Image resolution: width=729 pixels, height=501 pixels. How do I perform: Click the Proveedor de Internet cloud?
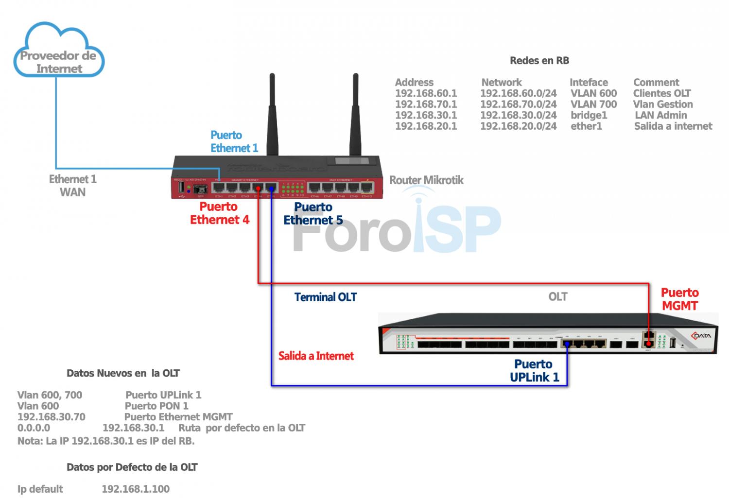pos(58,53)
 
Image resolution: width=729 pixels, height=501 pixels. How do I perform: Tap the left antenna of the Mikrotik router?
pos(272,117)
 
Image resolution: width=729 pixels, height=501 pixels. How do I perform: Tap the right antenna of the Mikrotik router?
pos(356,117)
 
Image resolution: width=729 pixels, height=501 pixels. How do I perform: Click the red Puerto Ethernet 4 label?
pos(219,213)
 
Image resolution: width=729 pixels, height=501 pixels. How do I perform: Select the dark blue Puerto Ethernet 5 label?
pos(313,213)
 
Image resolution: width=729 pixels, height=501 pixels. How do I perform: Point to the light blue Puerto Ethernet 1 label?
pos(234,141)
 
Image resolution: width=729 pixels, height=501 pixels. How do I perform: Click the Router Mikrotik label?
pos(426,180)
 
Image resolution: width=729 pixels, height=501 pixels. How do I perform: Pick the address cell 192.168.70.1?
pos(426,104)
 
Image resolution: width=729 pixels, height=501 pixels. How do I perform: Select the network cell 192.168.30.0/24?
pos(518,115)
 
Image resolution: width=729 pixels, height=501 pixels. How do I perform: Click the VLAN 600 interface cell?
pos(593,93)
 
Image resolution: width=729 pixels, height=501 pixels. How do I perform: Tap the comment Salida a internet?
pos(673,126)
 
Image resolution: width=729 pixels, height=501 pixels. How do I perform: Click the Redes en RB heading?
pos(539,61)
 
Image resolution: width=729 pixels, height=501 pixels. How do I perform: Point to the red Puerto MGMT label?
pos(679,299)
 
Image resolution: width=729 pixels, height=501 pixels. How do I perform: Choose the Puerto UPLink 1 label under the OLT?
pos(534,370)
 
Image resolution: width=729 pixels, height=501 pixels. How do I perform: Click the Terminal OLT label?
pos(325,297)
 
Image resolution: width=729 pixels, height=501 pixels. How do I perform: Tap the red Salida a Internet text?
pos(316,356)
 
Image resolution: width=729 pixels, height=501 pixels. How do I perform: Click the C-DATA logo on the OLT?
pos(701,336)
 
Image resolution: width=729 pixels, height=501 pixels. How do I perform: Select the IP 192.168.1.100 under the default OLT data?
pos(136,489)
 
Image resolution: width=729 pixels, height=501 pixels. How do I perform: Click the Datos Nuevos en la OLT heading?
pos(123,373)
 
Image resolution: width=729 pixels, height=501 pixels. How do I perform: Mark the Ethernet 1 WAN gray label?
pos(72,186)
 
